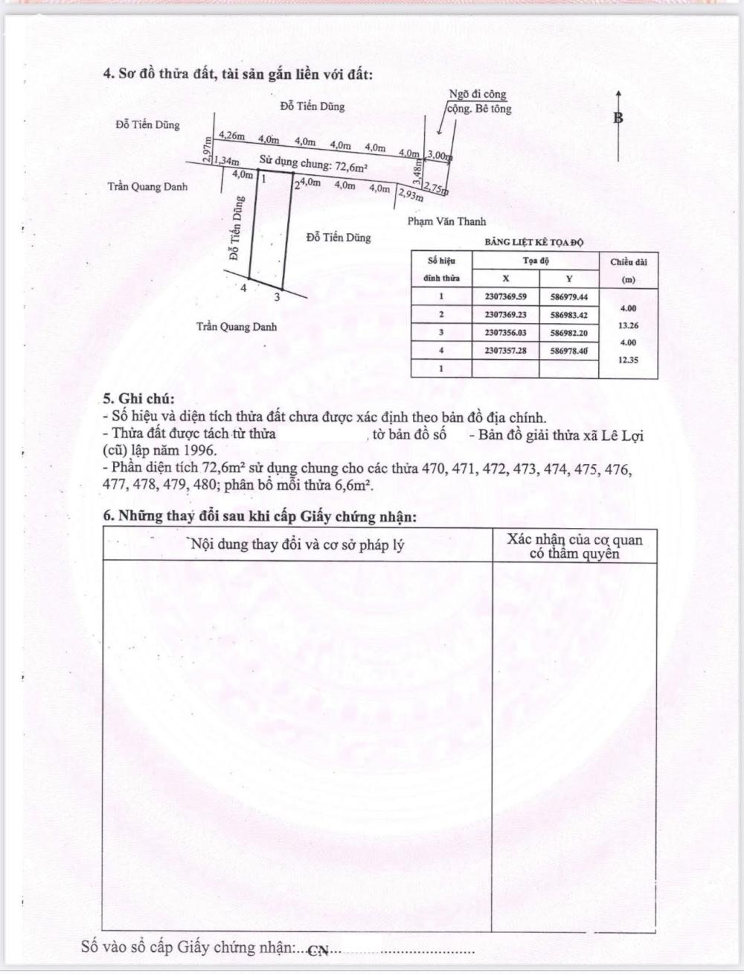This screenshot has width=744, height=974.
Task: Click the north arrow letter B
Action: click(618, 118)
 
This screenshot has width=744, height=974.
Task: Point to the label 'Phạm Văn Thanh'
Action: click(446, 221)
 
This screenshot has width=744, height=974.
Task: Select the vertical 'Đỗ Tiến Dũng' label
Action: click(236, 228)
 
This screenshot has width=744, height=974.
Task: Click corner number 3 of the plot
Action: click(278, 297)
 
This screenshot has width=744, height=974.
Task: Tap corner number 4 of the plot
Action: click(244, 287)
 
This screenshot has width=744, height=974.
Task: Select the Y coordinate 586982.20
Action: click(569, 333)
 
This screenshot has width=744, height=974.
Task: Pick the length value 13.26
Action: click(628, 325)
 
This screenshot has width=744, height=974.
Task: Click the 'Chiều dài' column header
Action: click(629, 262)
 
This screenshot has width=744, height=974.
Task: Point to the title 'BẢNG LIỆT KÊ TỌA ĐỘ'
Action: click(534, 243)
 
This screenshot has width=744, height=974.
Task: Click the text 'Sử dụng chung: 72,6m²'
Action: click(314, 161)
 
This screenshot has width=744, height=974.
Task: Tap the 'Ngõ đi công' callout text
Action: click(477, 95)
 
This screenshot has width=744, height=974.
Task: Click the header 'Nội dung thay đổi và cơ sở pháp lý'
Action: click(298, 544)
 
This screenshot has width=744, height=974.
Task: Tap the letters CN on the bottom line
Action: click(318, 951)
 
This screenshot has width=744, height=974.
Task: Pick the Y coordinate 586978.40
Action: click(569, 350)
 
